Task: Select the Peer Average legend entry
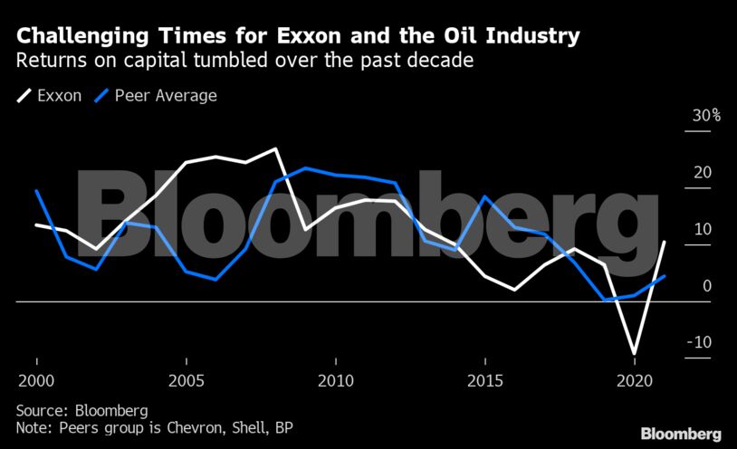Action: pos(163,95)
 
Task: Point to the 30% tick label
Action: pos(705,116)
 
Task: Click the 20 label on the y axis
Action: pos(702,173)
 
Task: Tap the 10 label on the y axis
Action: pos(702,229)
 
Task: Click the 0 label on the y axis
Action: pos(706,286)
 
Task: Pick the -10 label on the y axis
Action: pos(699,342)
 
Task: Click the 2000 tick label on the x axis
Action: pos(36,378)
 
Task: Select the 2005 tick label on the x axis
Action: pos(186,378)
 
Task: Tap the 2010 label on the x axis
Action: pos(335,378)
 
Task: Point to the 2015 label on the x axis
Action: pos(484,378)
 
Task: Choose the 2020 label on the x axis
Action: pos(634,378)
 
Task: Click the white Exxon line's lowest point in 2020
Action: pos(635,353)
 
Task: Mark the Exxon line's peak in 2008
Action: pos(275,148)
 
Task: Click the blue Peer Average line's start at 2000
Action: pos(36,190)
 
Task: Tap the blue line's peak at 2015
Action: pos(485,196)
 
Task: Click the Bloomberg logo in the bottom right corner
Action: pos(681,434)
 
